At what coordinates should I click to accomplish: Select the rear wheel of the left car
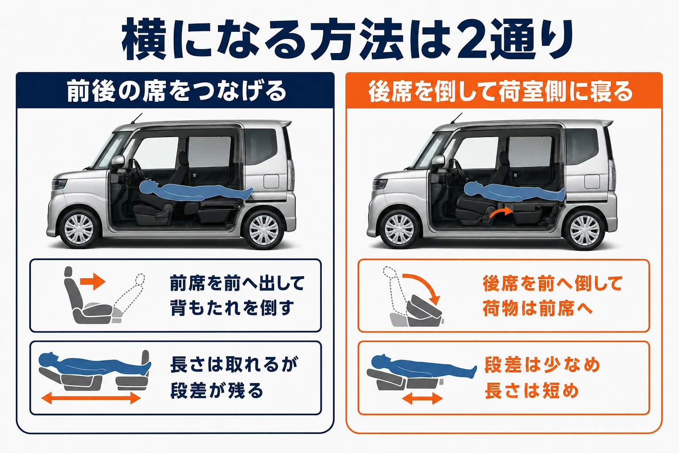263,230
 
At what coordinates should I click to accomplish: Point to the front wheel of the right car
399,229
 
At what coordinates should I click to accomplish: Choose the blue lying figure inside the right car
514,191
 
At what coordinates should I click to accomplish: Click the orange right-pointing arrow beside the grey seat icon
92,281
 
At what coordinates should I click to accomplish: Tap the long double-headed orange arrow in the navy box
91,397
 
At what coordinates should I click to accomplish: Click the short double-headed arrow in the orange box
423,398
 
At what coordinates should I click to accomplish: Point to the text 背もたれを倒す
232,307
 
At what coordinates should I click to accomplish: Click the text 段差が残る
217,390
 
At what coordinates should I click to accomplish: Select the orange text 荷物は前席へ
538,308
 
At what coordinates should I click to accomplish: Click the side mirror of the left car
118,161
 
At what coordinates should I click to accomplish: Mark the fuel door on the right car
592,181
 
